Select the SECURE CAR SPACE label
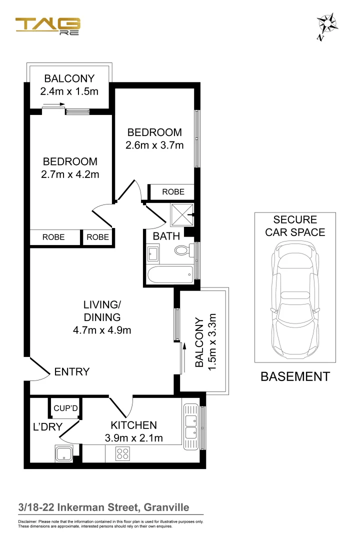(x=295, y=225)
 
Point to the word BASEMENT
(x=295, y=376)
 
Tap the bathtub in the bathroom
(x=170, y=273)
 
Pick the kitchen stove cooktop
(x=123, y=454)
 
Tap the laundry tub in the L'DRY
(x=64, y=454)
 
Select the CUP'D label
(x=65, y=408)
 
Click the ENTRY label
(x=71, y=371)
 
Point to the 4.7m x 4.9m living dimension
(x=102, y=329)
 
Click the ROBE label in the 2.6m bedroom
(x=173, y=191)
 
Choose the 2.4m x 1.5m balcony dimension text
(x=69, y=91)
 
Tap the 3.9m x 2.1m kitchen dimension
(x=133, y=438)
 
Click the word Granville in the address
(x=166, y=507)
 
